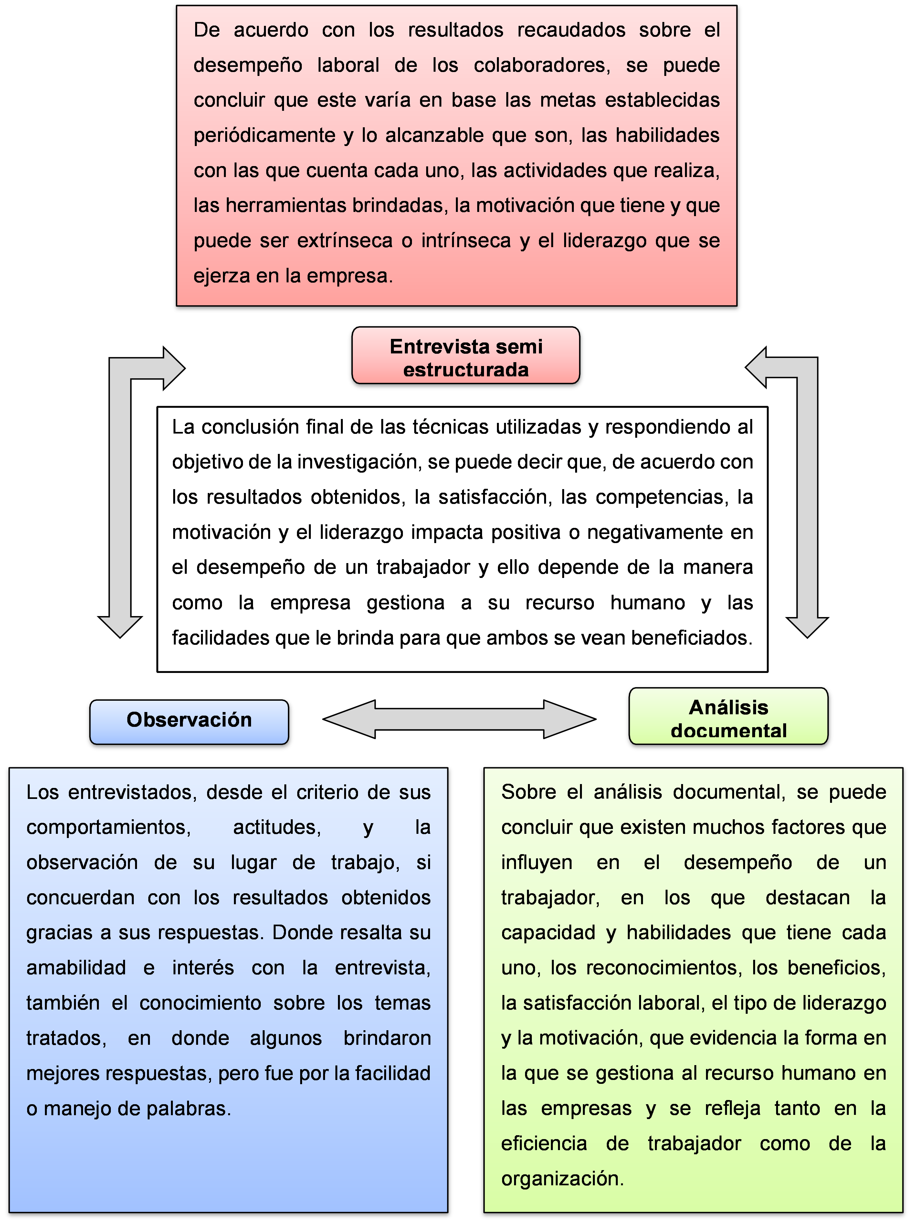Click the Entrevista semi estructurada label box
tap(466, 355)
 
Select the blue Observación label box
tap(189, 722)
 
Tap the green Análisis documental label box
tap(729, 716)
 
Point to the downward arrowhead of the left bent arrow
tap(120, 627)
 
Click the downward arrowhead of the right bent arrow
tap(807, 627)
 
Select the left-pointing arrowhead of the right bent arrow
tap(755, 367)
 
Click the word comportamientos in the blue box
tap(109, 827)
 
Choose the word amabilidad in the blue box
tap(77, 968)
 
